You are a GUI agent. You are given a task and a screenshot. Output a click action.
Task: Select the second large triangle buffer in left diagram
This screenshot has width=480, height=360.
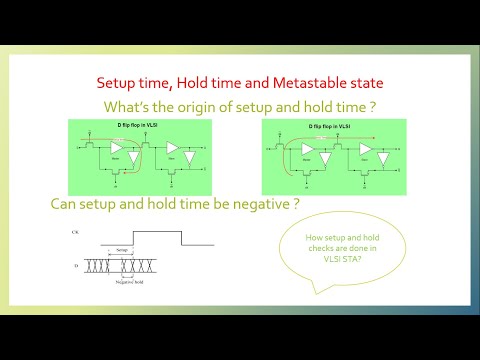[176, 148]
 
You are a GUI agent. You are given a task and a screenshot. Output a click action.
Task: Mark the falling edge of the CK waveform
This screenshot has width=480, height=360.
[181, 238]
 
